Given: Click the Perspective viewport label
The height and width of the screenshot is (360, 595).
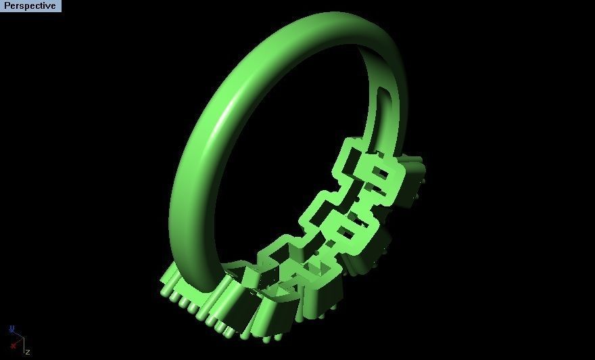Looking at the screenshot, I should [30, 6].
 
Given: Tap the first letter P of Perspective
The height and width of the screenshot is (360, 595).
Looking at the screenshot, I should [7, 6].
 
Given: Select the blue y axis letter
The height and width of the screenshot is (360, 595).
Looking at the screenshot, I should [11, 329].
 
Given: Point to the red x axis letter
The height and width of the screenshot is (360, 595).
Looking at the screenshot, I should [14, 346].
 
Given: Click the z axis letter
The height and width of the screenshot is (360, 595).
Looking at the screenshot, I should [28, 352].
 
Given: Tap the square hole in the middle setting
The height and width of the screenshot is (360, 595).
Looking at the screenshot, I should [345, 232].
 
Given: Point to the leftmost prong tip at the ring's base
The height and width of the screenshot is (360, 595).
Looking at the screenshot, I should [164, 292].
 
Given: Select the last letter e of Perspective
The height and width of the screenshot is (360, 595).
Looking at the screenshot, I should [53, 6].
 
